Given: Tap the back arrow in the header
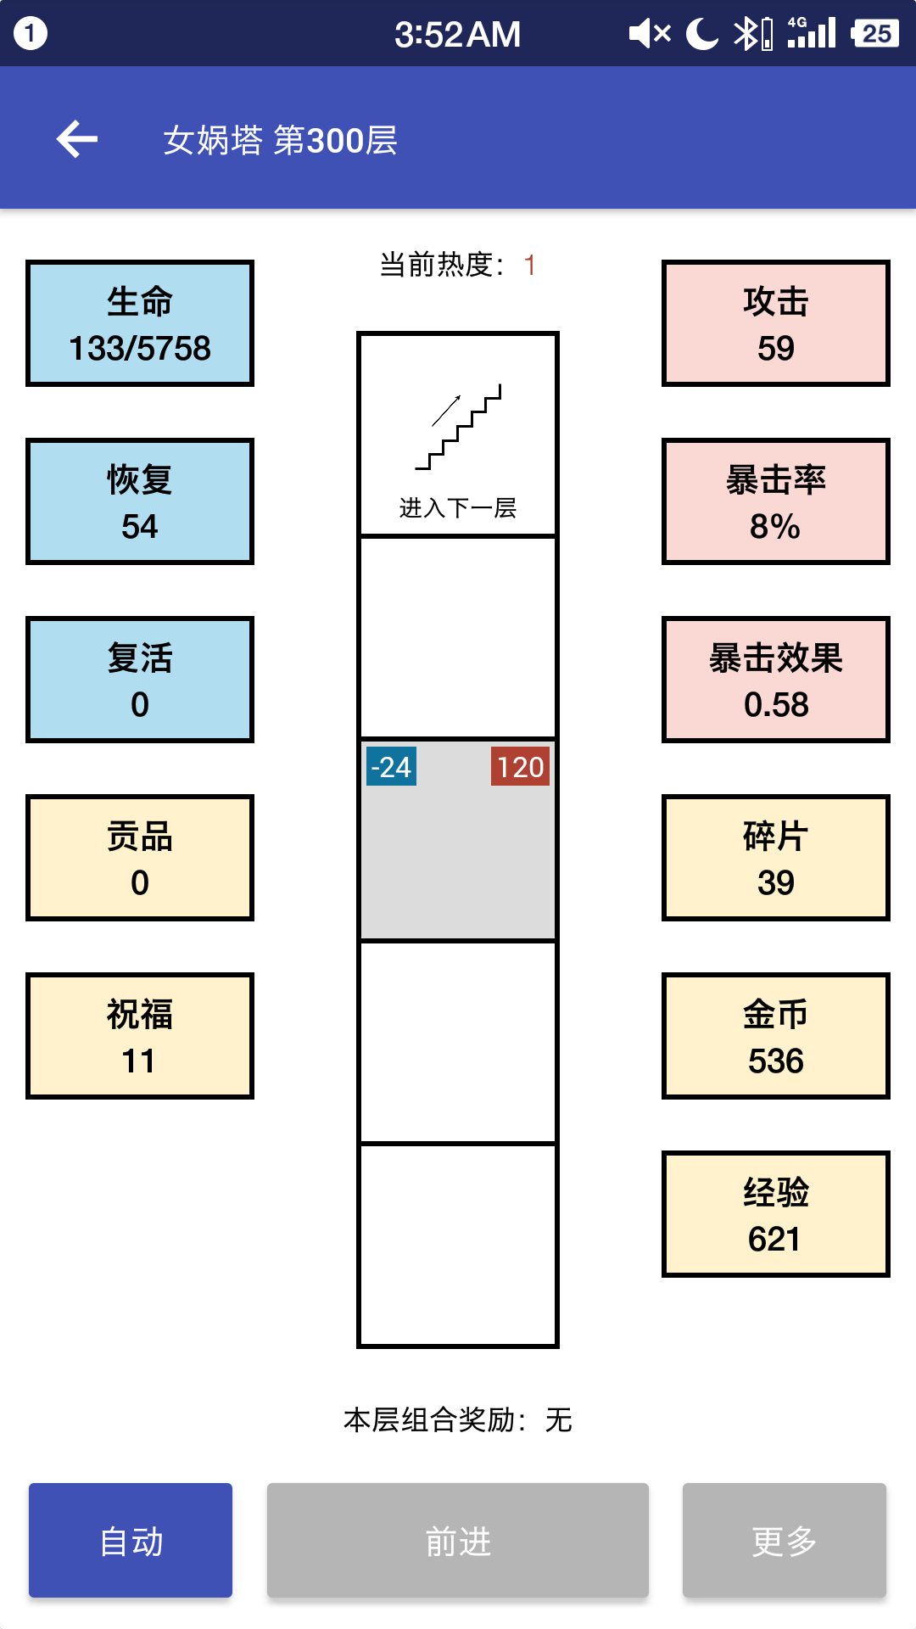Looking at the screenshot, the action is (x=77, y=139).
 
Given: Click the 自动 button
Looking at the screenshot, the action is (x=131, y=1540).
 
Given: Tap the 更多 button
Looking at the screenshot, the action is (x=785, y=1540).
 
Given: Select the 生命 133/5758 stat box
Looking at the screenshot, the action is (x=140, y=323).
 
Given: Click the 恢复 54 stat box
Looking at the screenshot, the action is (x=140, y=501).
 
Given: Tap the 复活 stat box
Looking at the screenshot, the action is (x=140, y=680).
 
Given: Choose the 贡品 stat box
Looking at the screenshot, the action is (x=140, y=858).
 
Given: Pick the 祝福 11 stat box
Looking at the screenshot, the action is (x=140, y=1036).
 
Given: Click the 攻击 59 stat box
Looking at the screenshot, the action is (x=776, y=323).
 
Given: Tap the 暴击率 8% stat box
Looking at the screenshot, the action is (x=776, y=501).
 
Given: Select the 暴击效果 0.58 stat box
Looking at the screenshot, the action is (x=776, y=680).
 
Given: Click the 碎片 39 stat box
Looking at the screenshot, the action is (x=776, y=858).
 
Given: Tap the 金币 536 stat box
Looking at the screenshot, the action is (x=776, y=1036).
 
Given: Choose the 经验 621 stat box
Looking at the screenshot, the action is (x=776, y=1214).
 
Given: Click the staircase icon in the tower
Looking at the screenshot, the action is (x=458, y=427).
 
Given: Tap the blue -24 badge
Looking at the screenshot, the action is (x=391, y=766).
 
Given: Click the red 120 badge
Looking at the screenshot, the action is (x=520, y=766).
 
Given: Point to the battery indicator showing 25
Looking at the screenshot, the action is (x=875, y=34).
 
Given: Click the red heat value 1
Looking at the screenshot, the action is (x=530, y=266).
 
